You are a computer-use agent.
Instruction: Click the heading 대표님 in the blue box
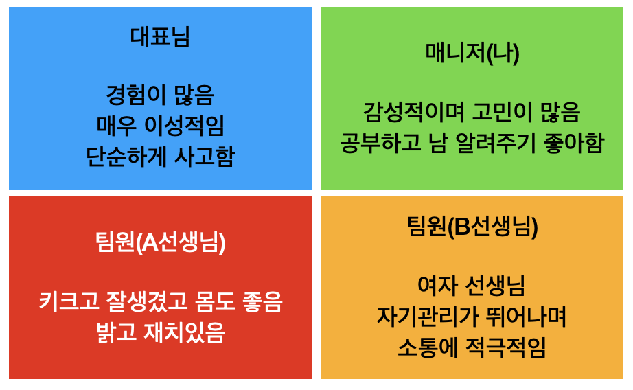[160, 36]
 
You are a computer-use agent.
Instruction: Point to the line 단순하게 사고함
[160, 157]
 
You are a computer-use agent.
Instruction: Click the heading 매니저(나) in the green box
[472, 53]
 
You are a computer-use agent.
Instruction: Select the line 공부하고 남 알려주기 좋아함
[472, 142]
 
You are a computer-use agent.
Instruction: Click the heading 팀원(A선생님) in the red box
[160, 242]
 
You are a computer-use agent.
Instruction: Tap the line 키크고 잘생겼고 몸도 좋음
[160, 301]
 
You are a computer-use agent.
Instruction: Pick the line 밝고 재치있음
[160, 332]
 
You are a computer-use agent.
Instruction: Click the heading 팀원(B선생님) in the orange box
[472, 226]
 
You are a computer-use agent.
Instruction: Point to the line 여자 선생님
[472, 284]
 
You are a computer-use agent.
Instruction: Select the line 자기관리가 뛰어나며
[472, 316]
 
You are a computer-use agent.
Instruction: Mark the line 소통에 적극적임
[472, 347]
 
